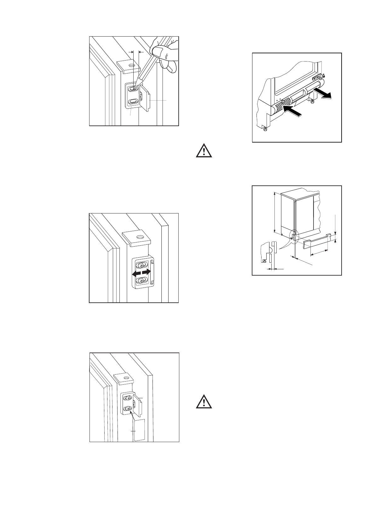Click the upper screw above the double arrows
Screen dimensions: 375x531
point(142,264)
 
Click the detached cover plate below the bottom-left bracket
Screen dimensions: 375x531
point(139,429)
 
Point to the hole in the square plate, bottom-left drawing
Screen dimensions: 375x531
point(126,377)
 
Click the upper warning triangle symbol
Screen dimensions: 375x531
point(204,151)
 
